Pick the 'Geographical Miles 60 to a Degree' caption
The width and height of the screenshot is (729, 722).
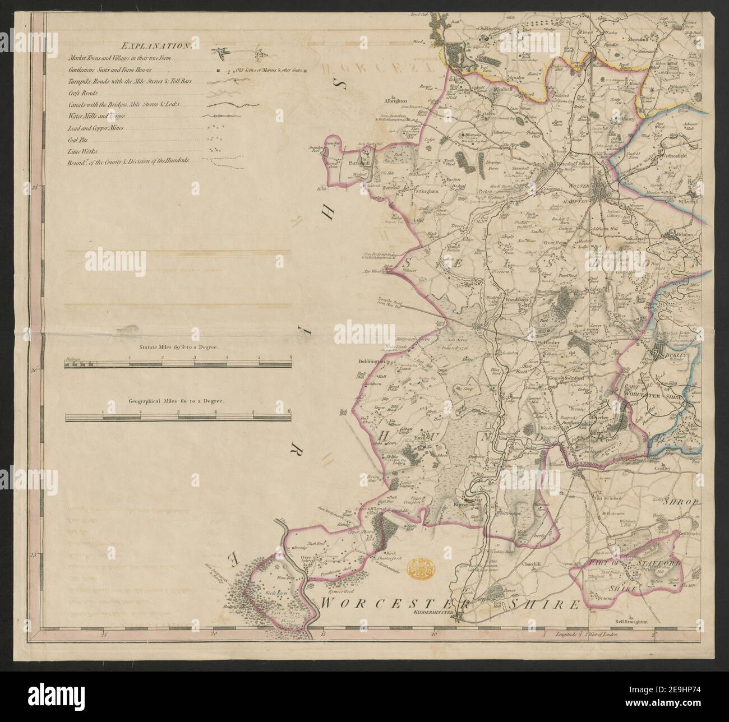tap(176, 402)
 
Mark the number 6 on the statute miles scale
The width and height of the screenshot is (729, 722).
tap(290, 357)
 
